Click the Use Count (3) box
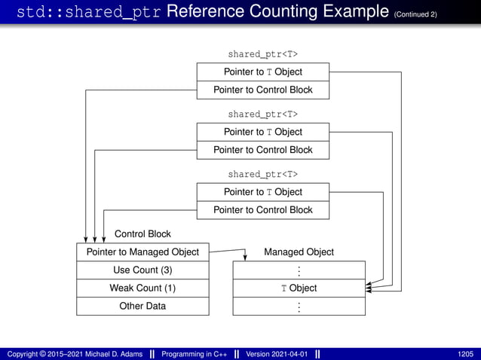tap(142, 270)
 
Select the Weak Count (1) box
tap(142, 288)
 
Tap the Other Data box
tap(142, 306)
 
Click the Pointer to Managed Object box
tap(142, 252)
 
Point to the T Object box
tap(299, 288)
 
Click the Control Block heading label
tap(142, 233)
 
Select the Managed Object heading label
tap(299, 252)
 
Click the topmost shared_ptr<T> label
tap(262, 54)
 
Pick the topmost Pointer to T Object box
tap(262, 72)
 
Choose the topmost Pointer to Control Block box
tap(262, 90)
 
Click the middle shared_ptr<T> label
tap(262, 114)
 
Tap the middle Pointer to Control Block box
tap(262, 150)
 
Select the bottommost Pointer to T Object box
tap(262, 192)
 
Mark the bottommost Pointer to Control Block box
tap(262, 210)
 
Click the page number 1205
tap(465, 353)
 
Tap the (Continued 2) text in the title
tap(415, 14)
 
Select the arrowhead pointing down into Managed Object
tap(246, 257)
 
